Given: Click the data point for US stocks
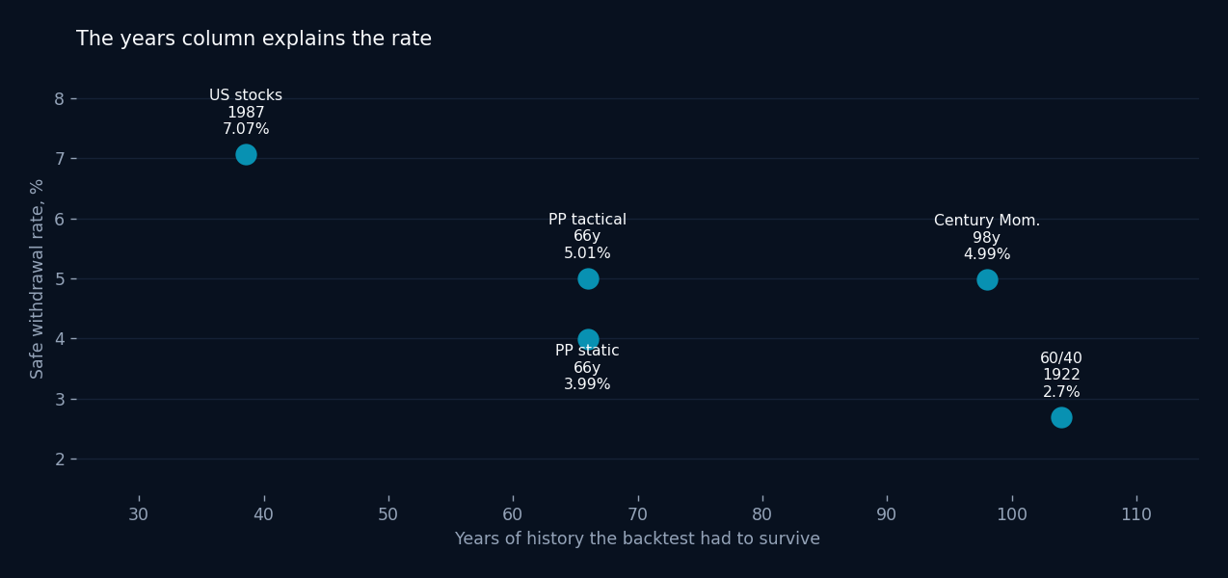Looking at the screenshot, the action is pos(246,154).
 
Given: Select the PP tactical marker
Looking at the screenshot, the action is pos(588,278).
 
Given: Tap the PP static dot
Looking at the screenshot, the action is pos(588,340).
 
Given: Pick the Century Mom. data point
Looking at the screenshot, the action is pos(987,280).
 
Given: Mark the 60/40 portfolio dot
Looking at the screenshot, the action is pos(1061,417).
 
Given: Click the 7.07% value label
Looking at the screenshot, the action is pos(246,129).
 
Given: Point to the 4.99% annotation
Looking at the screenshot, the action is pos(987,254).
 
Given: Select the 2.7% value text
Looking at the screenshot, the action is pos(1061,392).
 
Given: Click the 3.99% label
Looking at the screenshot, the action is pos(587,384).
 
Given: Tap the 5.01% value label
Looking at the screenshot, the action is pos(587,253).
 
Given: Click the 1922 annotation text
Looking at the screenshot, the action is pos(1061,375).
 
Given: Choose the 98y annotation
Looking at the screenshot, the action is pos(987,238).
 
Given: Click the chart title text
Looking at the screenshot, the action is pos(254,39).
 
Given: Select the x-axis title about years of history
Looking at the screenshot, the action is pos(637,539).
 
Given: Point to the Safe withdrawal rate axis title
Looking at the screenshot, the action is pos(37,278).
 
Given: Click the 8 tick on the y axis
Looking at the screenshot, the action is pos(59,99).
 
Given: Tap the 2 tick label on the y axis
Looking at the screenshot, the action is pos(59,460).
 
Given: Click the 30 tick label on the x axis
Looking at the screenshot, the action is pos(139,514).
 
